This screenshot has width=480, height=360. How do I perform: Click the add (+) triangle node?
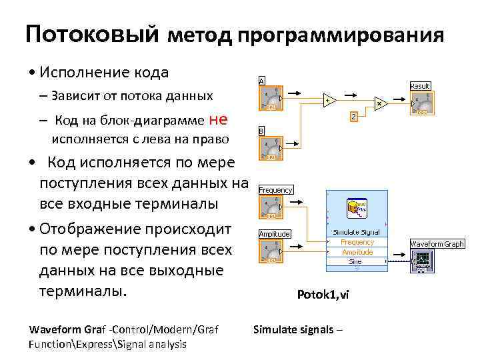click(327, 101)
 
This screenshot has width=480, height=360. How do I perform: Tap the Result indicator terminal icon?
click(419, 103)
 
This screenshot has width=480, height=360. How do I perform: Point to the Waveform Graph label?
click(437, 244)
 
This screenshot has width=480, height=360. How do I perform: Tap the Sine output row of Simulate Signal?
click(356, 262)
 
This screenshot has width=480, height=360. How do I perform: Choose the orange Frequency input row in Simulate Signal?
click(357, 243)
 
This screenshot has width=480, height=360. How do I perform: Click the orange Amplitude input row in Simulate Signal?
click(357, 253)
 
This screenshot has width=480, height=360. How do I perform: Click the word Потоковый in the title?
click(91, 34)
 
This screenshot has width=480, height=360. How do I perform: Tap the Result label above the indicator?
click(419, 86)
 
